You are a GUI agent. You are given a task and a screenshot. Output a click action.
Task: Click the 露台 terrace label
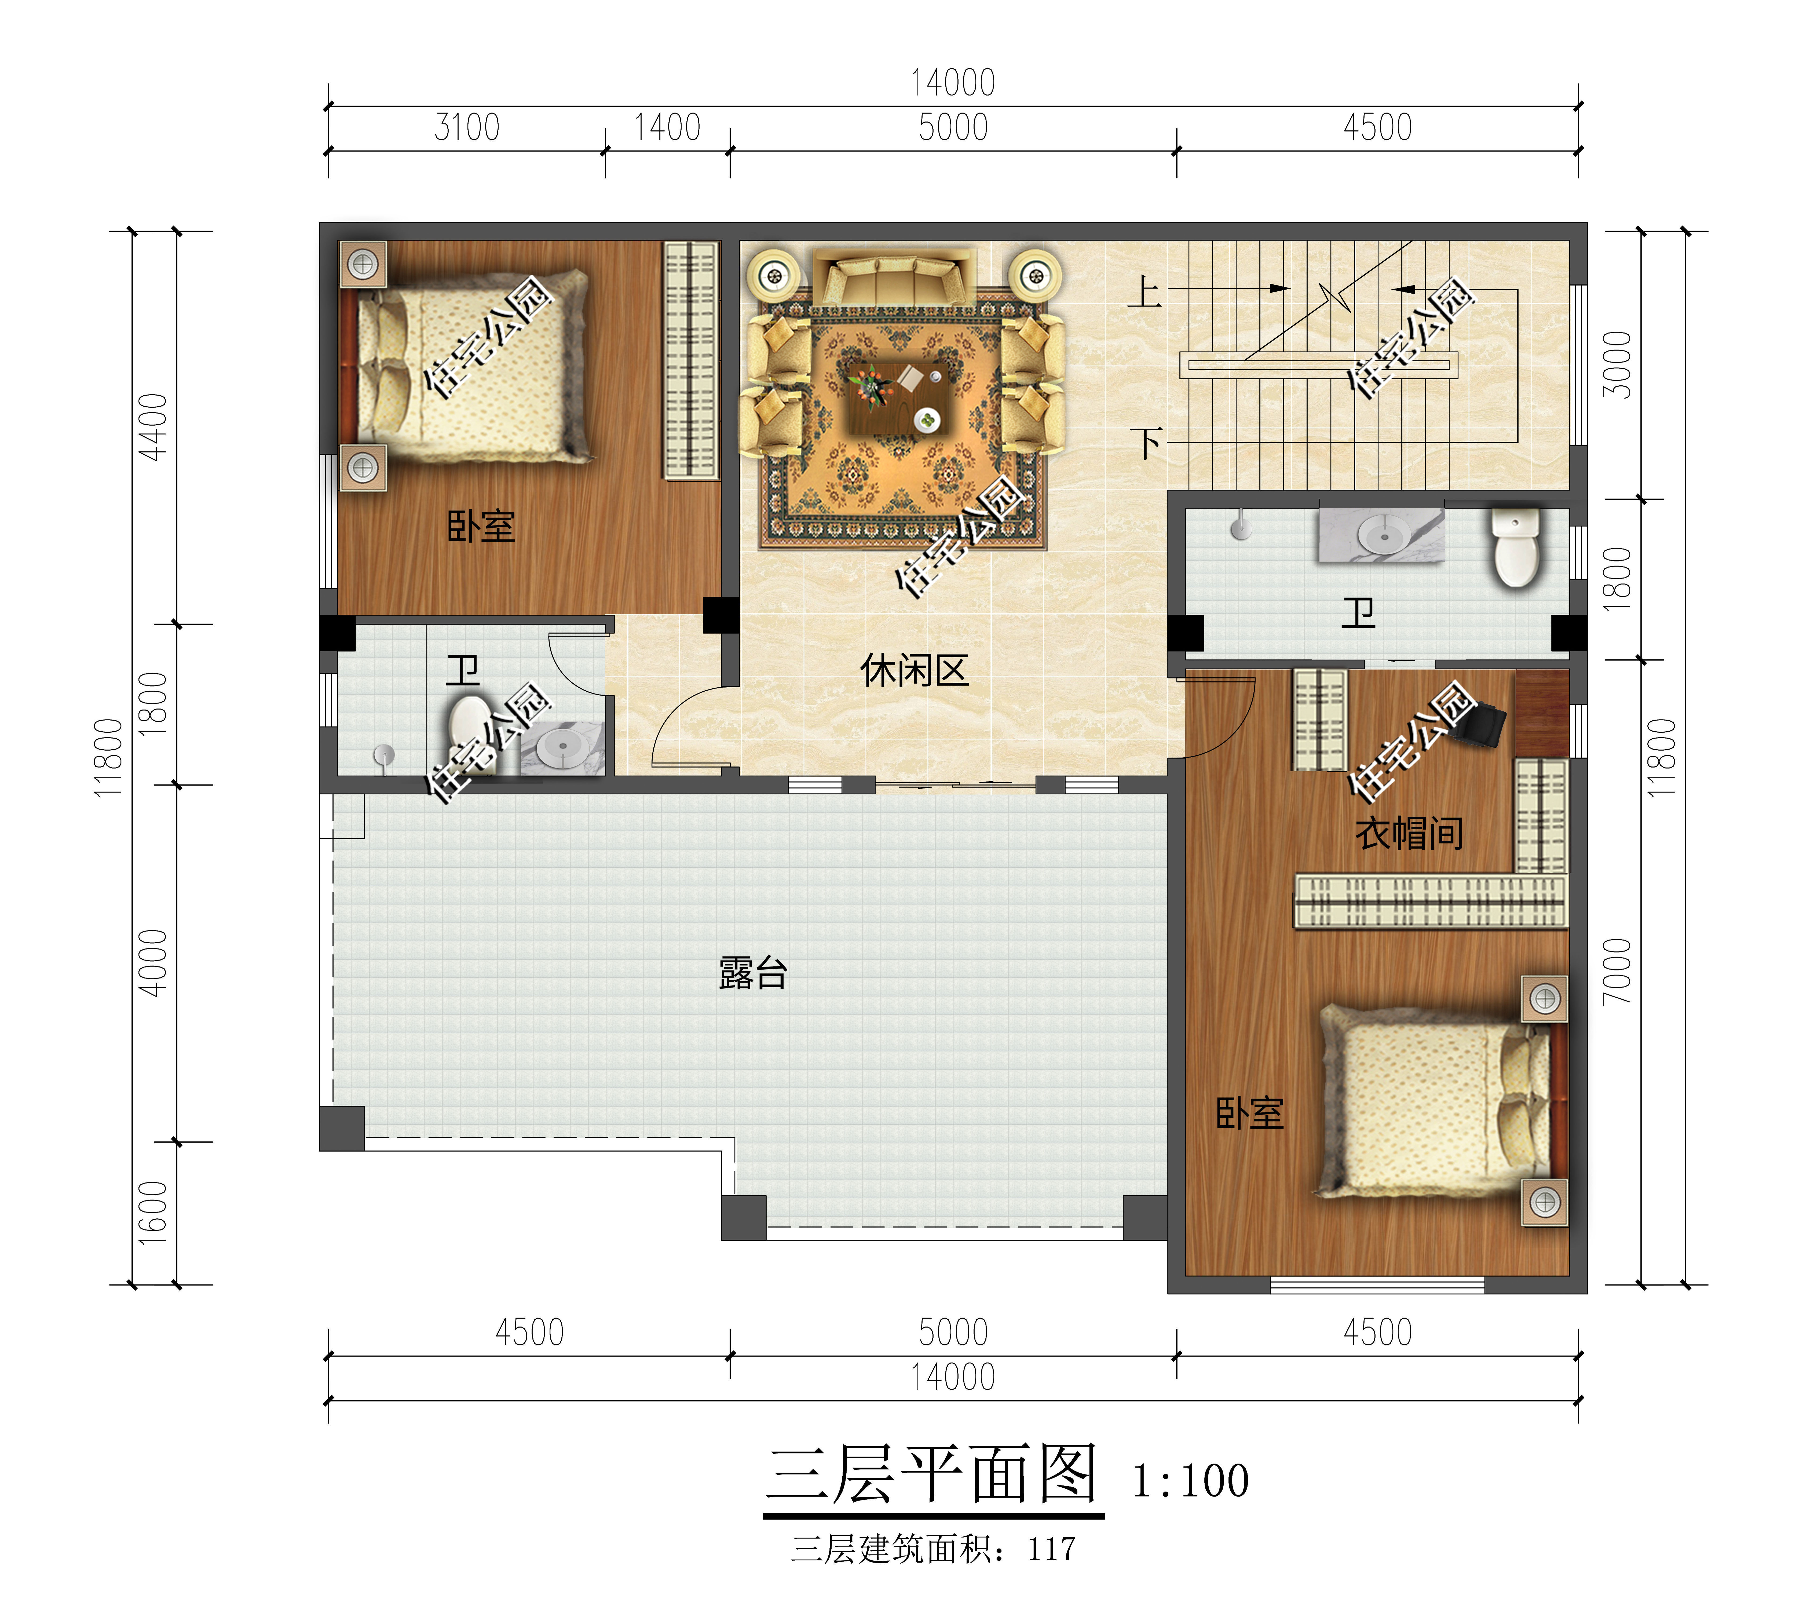(x=752, y=973)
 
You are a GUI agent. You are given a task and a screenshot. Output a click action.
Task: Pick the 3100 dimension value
(x=467, y=127)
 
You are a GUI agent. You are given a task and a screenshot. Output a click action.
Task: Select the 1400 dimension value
(x=667, y=127)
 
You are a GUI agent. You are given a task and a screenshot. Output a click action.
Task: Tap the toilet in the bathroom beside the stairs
(x=1516, y=546)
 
